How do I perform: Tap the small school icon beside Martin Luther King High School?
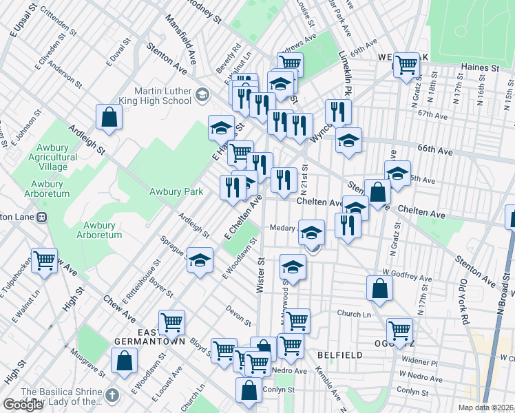point(202,93)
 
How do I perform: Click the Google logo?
point(23,404)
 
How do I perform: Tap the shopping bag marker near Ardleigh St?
point(109,117)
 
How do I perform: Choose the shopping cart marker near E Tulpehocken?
point(44,261)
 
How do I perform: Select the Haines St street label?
point(485,67)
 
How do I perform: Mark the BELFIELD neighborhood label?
point(340,354)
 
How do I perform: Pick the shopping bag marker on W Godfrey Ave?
point(380,288)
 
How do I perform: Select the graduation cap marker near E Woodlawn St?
point(200,260)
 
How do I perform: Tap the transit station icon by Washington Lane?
point(41,217)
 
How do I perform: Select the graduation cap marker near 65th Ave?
point(397,173)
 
